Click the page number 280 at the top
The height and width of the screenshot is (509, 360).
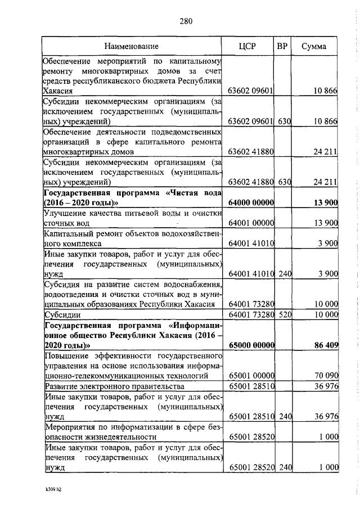pyautogui.click(x=186, y=22)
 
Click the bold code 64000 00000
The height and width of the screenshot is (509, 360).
pyautogui.click(x=250, y=202)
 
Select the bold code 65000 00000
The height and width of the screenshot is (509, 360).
pyautogui.click(x=250, y=345)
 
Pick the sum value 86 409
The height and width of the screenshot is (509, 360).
pyautogui.click(x=323, y=345)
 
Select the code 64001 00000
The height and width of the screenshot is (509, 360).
pyautogui.click(x=250, y=223)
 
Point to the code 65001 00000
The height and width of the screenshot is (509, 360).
pyautogui.click(x=250, y=375)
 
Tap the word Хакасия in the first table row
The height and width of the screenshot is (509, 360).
pyautogui.click(x=58, y=91)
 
